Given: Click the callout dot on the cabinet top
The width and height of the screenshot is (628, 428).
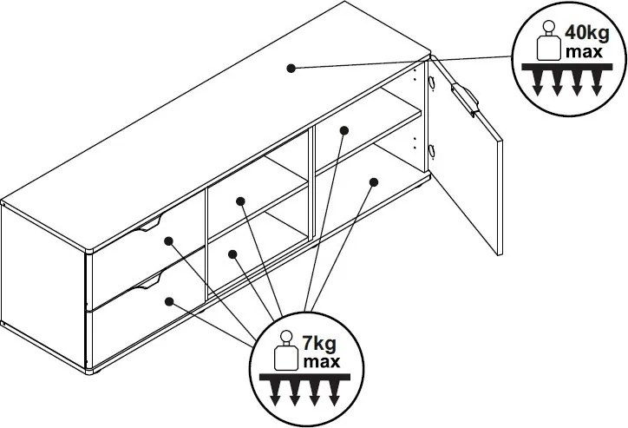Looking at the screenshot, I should [x=292, y=67].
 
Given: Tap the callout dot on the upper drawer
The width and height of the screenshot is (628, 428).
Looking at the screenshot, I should [x=169, y=240].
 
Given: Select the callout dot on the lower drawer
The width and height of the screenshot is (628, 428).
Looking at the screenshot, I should [x=169, y=301].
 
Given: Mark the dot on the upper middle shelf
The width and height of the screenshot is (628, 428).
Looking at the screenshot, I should [x=240, y=201].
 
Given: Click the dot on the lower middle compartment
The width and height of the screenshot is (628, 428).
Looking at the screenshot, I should [x=233, y=254].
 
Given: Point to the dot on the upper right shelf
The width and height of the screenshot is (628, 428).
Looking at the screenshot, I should [x=343, y=130].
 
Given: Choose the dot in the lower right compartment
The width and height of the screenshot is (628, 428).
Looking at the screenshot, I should [x=373, y=181].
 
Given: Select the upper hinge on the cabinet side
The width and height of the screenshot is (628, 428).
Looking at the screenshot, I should [x=430, y=82].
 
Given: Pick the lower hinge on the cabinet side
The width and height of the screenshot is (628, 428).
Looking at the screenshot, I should [x=430, y=151].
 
